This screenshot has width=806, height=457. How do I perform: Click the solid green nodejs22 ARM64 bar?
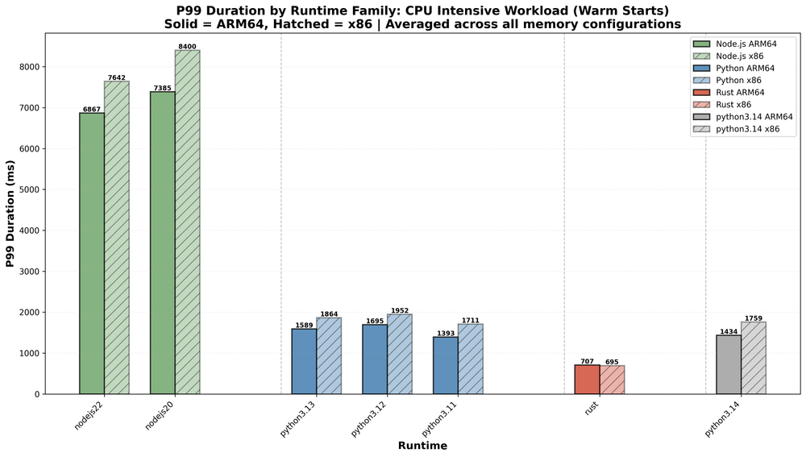click(91, 253)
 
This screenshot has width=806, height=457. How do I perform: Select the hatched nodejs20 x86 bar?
click(187, 222)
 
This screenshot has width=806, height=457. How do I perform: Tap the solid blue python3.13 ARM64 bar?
click(304, 361)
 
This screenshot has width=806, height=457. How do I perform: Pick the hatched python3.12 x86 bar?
click(400, 354)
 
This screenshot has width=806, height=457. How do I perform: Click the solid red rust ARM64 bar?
click(587, 380)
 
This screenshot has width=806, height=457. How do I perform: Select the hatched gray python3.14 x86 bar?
click(754, 358)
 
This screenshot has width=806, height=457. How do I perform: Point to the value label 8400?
click(187, 46)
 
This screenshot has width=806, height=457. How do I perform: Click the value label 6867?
click(91, 109)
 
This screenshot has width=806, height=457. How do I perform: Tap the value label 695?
click(613, 362)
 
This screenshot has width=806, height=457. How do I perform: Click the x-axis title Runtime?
click(422, 446)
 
